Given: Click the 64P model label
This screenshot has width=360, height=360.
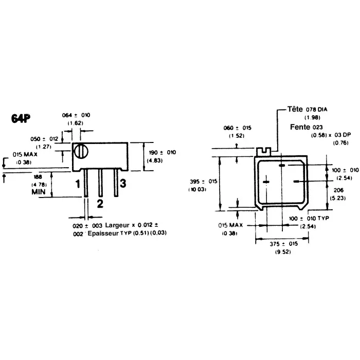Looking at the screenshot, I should click(x=20, y=118).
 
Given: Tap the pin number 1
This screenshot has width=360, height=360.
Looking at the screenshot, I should click(x=78, y=184).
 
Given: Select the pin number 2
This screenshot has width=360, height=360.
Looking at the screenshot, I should click(x=100, y=203).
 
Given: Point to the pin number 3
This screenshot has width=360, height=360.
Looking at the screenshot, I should click(x=123, y=184).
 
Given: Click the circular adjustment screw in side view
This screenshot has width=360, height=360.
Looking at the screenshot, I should click(x=81, y=152).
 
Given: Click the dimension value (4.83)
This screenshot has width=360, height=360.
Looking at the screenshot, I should click(x=155, y=160).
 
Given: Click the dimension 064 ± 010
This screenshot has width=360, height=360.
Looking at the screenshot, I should click(x=76, y=115).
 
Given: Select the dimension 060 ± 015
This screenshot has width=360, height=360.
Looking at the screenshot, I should click(x=238, y=128).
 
